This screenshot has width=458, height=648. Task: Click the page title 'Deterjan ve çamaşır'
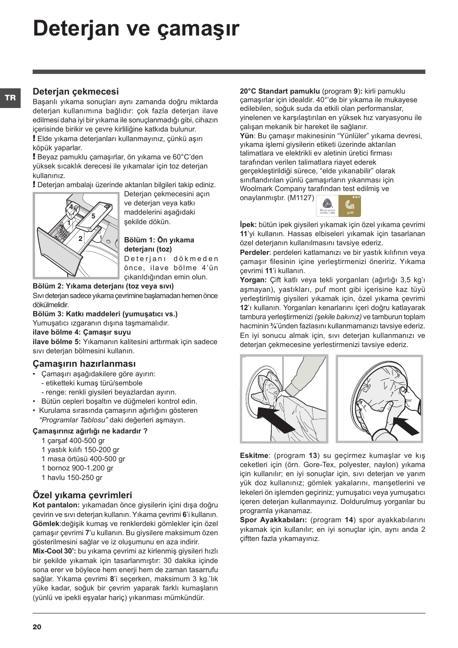click(x=136, y=28)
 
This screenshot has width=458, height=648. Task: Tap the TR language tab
click(x=10, y=98)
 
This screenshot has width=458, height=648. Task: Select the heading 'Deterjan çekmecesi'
click(x=75, y=92)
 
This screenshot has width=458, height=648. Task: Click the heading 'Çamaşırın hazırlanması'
click(x=84, y=364)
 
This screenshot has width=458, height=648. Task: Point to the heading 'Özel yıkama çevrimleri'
click(x=82, y=495)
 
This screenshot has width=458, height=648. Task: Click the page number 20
click(x=37, y=627)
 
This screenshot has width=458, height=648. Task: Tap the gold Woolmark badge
click(x=350, y=206)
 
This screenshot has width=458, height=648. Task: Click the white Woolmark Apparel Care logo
click(x=327, y=206)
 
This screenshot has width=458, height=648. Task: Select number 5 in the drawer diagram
click(x=94, y=216)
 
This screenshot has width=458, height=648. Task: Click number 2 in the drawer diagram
click(x=80, y=239)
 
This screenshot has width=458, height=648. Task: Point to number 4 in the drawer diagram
click(x=71, y=207)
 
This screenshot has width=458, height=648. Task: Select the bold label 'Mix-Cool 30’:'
click(x=54, y=551)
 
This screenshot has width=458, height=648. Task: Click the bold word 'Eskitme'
click(x=254, y=456)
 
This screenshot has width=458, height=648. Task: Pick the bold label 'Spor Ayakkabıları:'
click(x=273, y=520)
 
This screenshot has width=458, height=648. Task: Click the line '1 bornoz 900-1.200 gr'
click(x=77, y=468)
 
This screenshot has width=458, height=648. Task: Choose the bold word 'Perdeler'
click(x=254, y=252)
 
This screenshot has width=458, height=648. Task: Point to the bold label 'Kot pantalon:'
click(x=56, y=505)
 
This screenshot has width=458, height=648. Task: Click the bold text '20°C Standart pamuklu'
click(x=280, y=91)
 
